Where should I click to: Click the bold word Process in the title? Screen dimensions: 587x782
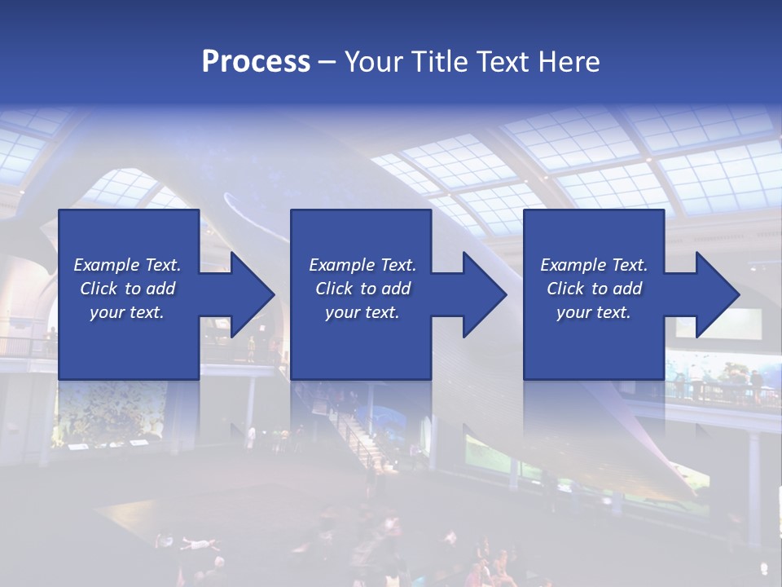pos(256,62)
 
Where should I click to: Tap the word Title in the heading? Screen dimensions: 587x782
pos(439,62)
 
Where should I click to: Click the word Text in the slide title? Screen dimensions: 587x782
pos(503,62)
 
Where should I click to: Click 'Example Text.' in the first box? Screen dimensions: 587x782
pos(127,265)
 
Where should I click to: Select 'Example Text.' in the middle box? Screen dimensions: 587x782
pos(362,265)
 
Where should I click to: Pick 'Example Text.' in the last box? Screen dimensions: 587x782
pos(594,265)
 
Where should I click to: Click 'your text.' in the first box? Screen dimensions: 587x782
pos(127,312)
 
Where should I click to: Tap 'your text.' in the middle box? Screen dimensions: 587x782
pos(362,312)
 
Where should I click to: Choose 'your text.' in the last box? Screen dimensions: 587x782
pos(594,312)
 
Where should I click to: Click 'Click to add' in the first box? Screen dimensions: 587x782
pos(127,289)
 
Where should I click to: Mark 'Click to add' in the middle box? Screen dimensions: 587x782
pos(362,289)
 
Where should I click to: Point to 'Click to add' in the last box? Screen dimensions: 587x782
pos(594,289)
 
